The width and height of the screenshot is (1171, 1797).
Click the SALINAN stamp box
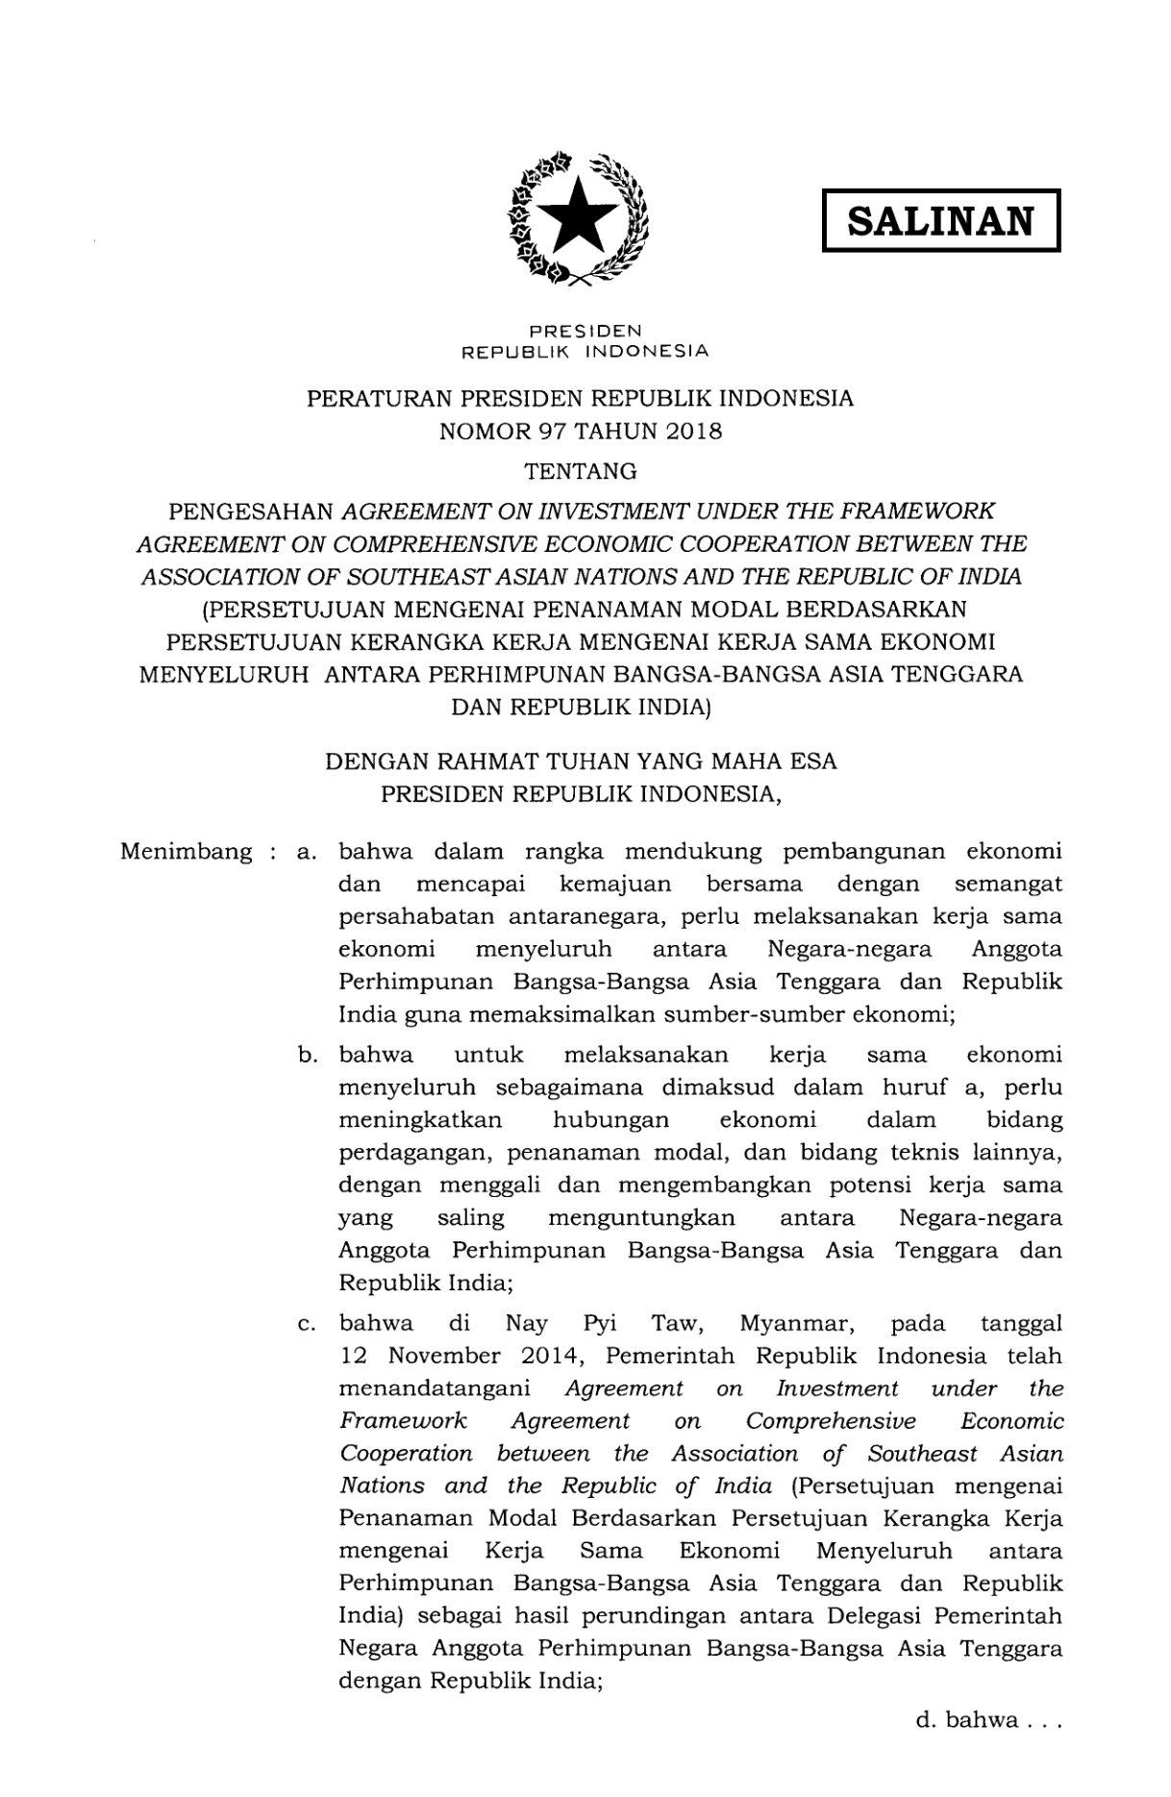click(x=940, y=221)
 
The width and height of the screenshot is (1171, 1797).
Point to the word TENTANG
click(x=580, y=471)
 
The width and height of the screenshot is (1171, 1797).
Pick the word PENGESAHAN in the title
click(x=251, y=511)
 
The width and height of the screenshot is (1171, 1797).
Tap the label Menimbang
click(x=186, y=852)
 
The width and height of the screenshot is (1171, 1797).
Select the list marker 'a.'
click(x=308, y=852)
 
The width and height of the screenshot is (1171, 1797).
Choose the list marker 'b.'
click(x=308, y=1055)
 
